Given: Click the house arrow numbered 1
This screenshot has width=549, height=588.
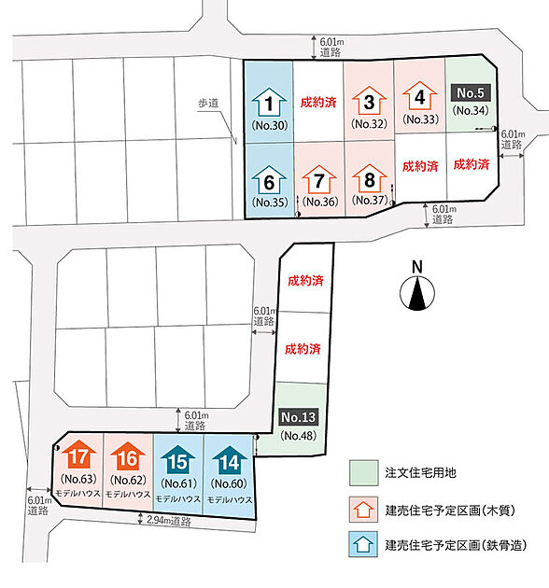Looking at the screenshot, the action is tap(269, 102).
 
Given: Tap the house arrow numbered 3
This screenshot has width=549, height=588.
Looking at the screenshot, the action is tap(369, 101).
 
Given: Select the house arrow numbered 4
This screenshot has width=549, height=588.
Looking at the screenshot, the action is tap(419, 95).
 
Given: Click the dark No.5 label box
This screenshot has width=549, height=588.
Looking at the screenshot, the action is tap(471, 92).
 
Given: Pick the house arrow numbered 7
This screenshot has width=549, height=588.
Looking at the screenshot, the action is tap(319, 179).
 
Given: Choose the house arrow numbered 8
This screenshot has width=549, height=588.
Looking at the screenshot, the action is tap(369, 177).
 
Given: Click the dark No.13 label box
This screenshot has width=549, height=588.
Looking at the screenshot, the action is tap(299, 417).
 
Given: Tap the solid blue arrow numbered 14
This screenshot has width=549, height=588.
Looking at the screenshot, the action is tap(230, 460).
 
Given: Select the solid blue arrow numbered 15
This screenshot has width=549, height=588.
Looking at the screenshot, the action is tap(178, 460).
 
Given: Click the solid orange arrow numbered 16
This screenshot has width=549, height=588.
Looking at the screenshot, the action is tap(128, 456).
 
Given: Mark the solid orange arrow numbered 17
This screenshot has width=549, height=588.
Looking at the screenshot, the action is tap(78, 455).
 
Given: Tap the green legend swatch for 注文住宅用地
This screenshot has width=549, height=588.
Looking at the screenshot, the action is tap(363, 473).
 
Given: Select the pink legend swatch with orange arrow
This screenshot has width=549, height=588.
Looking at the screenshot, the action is tap(363, 510).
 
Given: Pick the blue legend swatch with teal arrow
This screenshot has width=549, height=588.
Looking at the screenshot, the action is tap(363, 544).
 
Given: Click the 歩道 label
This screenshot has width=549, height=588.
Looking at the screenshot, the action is tap(208, 103).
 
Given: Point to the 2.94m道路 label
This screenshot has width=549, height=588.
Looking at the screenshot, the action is tap(168, 520).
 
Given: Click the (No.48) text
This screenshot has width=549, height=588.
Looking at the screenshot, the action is tap(299, 435).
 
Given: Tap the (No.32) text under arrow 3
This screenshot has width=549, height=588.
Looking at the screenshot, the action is tap(369, 124).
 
